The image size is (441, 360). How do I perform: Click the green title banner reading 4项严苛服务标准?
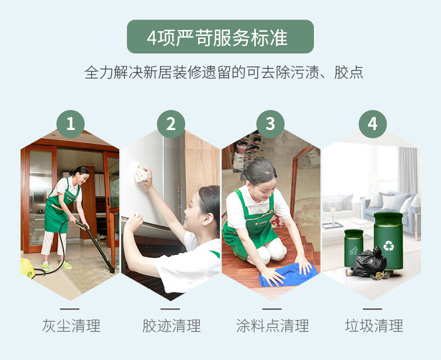220,36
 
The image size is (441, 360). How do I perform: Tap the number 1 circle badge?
71,124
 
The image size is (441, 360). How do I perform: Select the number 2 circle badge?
171,124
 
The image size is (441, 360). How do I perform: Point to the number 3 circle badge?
270,124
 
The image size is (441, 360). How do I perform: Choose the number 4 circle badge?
372,124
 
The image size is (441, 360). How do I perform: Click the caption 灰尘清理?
71,326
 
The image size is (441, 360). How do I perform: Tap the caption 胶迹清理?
171,326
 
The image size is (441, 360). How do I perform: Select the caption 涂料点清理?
272,326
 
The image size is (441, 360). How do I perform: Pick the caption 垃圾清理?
374,326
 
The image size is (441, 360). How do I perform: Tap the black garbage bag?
369,262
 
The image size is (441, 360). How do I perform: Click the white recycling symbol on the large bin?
389,245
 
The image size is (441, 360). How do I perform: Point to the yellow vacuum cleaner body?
28,268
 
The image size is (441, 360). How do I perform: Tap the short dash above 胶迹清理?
170,309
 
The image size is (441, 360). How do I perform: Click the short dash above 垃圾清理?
372,309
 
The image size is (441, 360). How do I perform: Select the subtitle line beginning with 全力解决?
224,72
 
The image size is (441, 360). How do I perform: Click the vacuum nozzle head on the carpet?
112,269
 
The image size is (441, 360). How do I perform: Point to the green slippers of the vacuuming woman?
56,266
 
